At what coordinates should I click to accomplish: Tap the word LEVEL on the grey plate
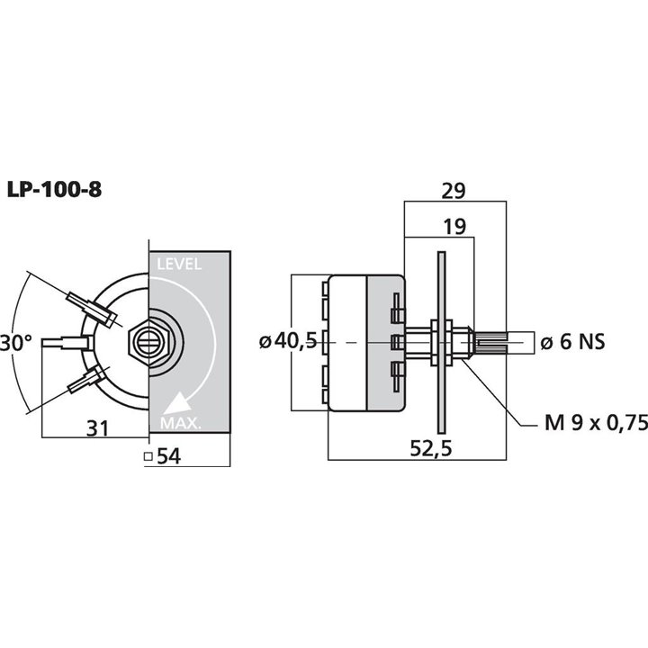coord(179,265)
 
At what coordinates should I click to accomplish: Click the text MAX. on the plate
coord(180,423)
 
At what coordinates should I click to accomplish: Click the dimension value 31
coord(95,429)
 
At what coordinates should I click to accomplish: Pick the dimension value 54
coord(168,456)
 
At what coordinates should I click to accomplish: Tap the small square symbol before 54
coord(148,456)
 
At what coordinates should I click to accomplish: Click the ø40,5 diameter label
coord(287,341)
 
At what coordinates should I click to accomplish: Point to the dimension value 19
coord(455,228)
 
